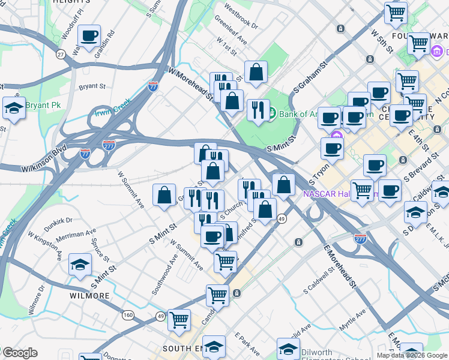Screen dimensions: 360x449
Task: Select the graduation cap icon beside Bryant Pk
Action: [x=14, y=108]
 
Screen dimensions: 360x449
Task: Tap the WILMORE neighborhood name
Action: [x=88, y=296]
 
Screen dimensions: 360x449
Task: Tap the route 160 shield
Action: [x=128, y=314]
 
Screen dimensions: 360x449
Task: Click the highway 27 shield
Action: [x=61, y=54]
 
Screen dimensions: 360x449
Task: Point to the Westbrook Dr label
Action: [x=240, y=17]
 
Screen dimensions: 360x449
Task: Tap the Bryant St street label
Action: [x=92, y=86]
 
